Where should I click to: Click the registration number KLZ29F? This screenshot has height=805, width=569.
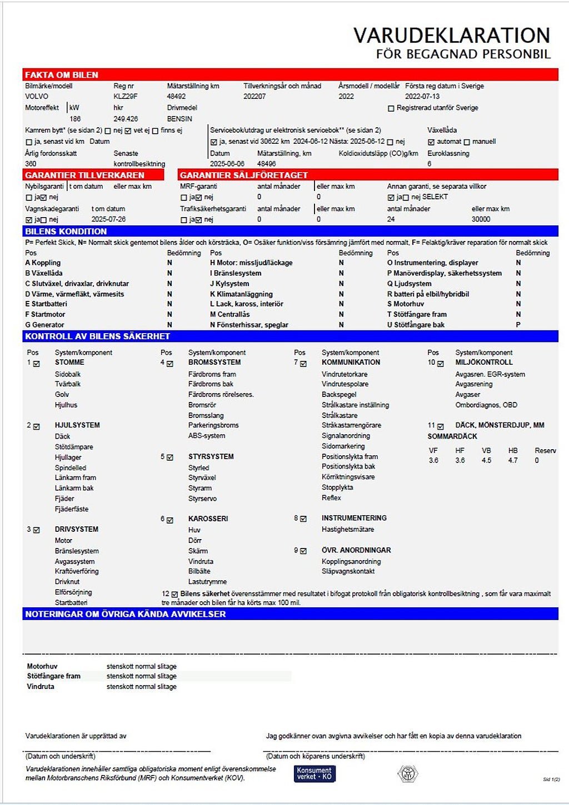click(125, 97)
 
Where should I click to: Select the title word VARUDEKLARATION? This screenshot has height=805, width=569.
click(451, 36)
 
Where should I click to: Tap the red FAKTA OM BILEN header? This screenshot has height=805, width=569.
click(62, 75)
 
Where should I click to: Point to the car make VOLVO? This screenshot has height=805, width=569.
click(37, 97)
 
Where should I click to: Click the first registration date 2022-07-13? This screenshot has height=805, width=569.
click(422, 97)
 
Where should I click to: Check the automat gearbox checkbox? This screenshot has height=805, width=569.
click(431, 142)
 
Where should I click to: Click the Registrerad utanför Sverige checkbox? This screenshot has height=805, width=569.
click(391, 108)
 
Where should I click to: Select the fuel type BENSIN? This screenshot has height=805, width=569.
click(179, 119)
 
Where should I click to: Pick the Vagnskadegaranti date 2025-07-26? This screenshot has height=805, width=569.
click(108, 219)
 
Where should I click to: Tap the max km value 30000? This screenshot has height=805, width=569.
click(481, 219)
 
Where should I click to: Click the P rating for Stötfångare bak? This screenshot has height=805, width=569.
click(518, 325)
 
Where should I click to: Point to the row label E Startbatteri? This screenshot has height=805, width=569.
click(46, 304)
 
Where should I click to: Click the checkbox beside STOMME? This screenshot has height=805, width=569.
click(37, 364)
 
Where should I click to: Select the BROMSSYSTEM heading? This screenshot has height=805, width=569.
click(214, 363)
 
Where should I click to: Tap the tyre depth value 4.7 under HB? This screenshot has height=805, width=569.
click(512, 461)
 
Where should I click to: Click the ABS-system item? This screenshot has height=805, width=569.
click(207, 436)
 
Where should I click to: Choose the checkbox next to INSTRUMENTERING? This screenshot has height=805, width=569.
click(303, 519)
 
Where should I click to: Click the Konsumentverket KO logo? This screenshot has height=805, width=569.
click(315, 773)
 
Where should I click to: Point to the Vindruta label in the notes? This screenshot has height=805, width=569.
click(41, 687)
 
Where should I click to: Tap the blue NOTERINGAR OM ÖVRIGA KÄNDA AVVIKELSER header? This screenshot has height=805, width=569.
click(126, 614)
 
